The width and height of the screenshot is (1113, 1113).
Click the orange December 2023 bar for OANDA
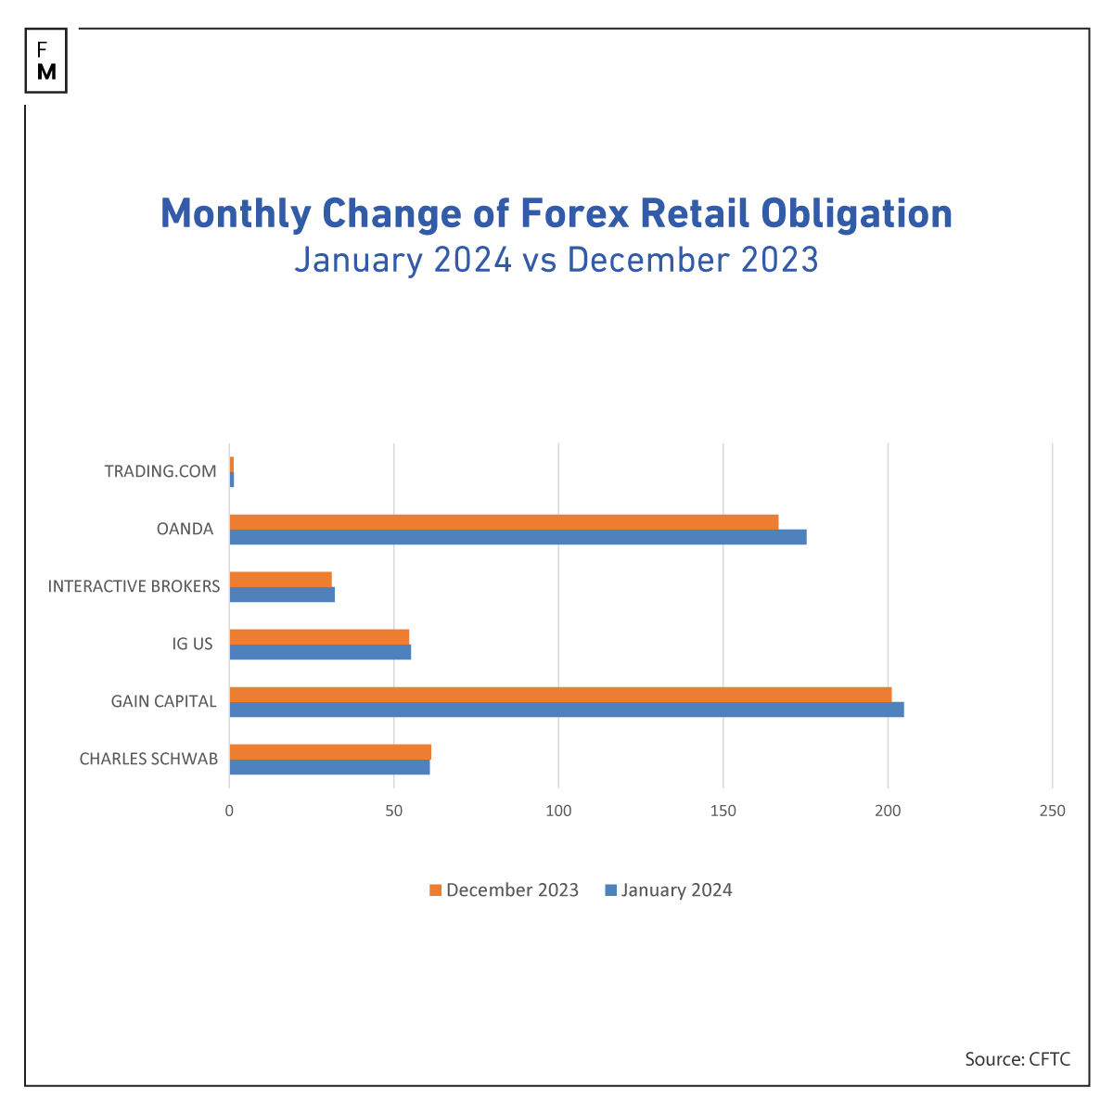pos(504,522)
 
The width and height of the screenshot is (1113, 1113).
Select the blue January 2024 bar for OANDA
pos(518,537)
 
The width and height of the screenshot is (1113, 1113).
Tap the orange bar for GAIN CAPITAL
pos(560,695)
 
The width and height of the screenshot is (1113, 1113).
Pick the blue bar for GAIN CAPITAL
pos(566,710)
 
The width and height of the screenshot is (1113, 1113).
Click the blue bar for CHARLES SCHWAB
pos(329,767)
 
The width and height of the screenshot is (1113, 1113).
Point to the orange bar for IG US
pos(319,637)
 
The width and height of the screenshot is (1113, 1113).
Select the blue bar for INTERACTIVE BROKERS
pos(282,595)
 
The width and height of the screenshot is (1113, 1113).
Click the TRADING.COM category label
pos(160,471)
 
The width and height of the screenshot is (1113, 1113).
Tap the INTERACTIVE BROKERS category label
pos(134,586)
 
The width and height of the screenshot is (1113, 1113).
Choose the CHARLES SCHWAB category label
pos(148,759)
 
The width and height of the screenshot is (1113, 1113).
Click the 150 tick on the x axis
pos(723,812)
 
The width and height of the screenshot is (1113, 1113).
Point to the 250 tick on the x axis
pos(1053,812)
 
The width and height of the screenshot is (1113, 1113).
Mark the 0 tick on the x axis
pos(229,812)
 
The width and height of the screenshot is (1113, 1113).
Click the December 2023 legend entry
pos(504,890)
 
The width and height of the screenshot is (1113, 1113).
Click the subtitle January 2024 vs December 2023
pos(556,260)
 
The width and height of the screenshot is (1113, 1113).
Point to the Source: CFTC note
pos(1017,1059)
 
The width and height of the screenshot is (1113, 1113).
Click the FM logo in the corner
pos(46,60)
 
